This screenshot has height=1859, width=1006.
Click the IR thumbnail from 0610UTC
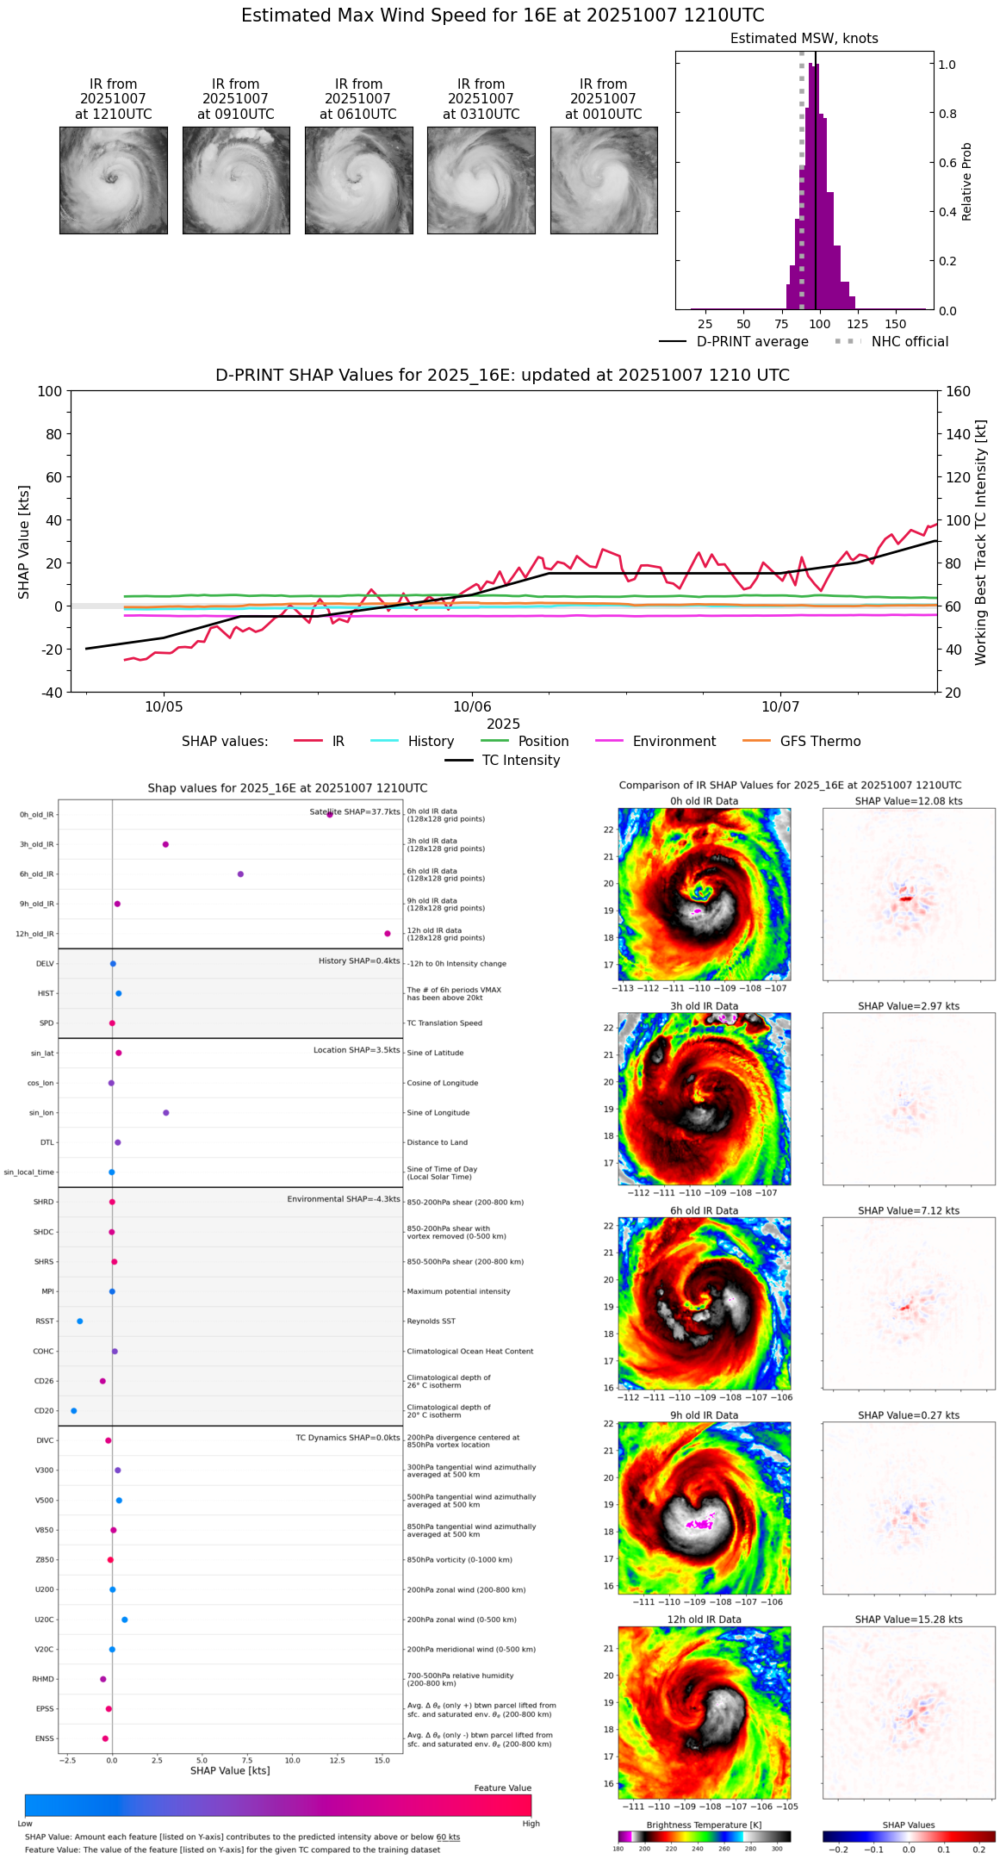click(x=358, y=180)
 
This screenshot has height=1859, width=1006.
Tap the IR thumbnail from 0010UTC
click(x=604, y=180)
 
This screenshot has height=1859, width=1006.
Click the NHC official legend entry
click(x=910, y=342)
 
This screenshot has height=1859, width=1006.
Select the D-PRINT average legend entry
click(x=752, y=342)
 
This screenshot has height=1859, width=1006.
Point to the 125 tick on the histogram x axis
click(x=857, y=324)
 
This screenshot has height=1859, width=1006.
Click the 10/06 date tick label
click(x=472, y=707)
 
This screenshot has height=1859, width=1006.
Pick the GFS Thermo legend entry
click(x=820, y=742)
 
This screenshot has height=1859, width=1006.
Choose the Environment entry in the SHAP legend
click(x=674, y=742)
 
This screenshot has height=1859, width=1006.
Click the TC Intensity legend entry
click(x=520, y=761)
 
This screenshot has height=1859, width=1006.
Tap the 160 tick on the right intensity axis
click(x=958, y=392)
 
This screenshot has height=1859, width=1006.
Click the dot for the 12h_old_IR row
click(x=388, y=934)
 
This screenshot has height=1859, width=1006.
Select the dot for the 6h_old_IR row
click(x=240, y=874)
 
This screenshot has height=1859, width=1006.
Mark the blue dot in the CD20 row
click(x=74, y=1411)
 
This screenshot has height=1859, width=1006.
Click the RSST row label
click(x=44, y=1321)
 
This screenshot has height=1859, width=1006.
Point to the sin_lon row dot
click(x=166, y=1113)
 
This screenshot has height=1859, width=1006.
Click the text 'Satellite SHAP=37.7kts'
click(x=355, y=811)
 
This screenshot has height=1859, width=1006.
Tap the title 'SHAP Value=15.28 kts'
click(x=909, y=1620)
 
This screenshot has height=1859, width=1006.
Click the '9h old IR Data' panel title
click(x=704, y=1415)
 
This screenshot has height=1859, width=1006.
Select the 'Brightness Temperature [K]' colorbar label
click(x=704, y=1825)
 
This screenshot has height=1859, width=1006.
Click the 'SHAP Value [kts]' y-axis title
click(x=24, y=542)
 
